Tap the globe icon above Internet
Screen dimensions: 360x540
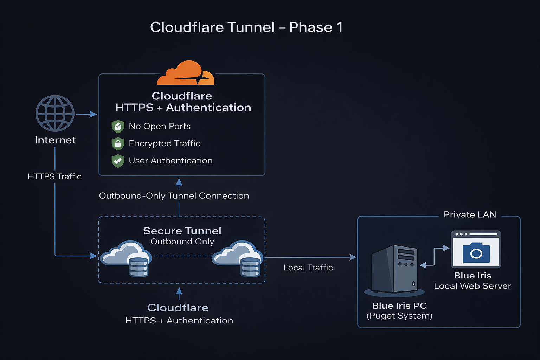55,113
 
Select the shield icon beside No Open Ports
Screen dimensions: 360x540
118,126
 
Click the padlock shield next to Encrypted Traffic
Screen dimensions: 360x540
118,143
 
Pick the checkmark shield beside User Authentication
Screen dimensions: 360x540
118,161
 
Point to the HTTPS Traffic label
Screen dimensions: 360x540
54,176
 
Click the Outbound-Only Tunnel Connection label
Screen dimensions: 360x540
174,196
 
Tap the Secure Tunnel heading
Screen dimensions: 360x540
182,231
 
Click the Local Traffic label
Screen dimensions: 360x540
308,268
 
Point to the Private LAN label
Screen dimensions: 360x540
470,214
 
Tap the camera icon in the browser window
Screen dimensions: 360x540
476,252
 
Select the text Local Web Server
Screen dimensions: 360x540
472,286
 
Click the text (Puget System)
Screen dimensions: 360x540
399,316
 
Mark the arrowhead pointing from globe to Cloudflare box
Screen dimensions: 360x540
93,114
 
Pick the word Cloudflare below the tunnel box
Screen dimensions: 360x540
178,308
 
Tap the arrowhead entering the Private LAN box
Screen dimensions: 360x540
353,257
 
